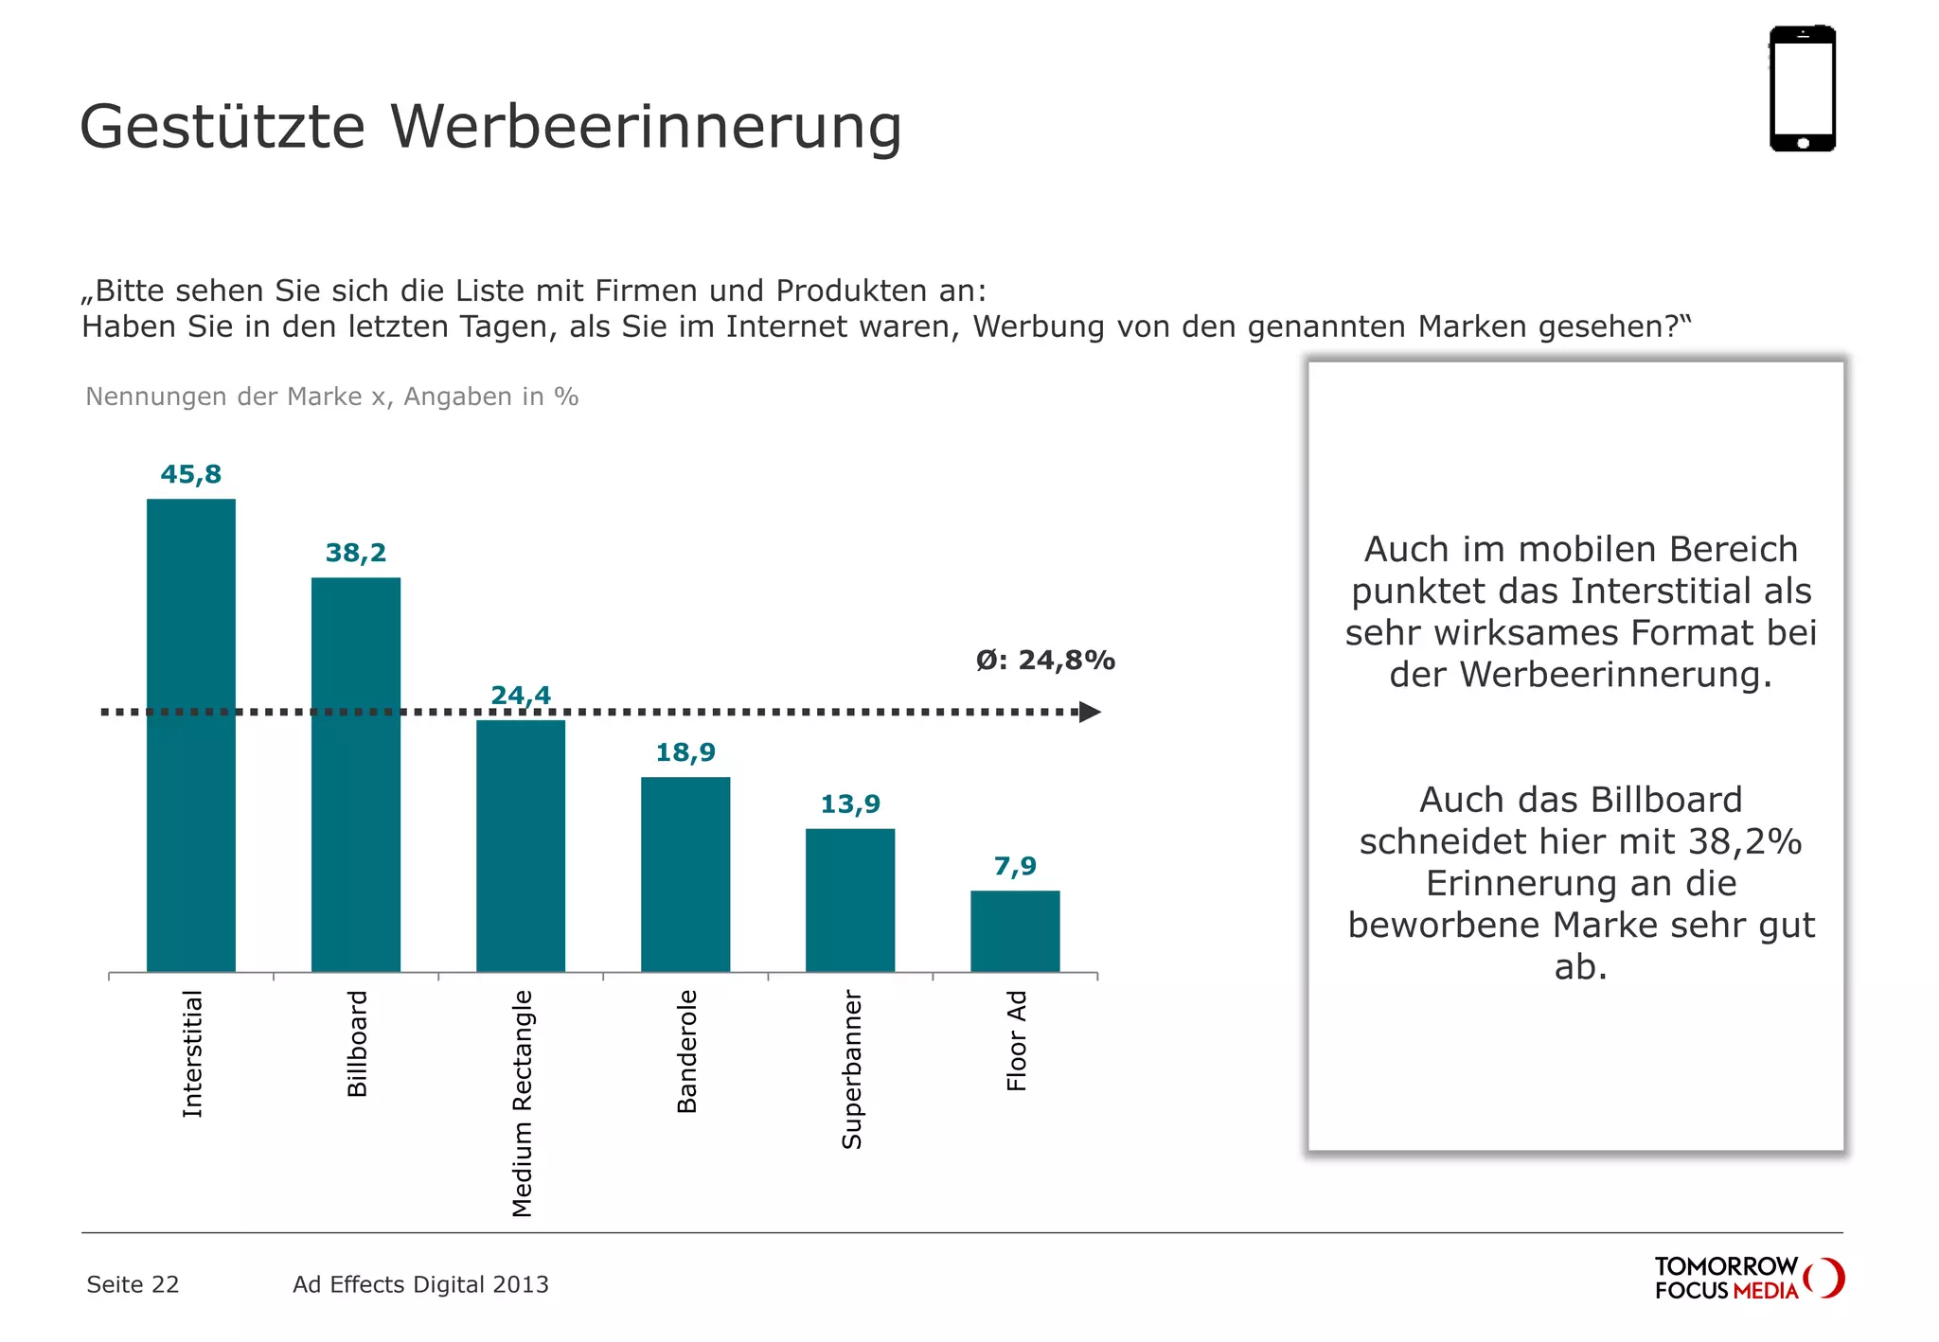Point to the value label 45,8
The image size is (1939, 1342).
pyautogui.click(x=190, y=474)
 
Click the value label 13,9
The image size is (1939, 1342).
pyautogui.click(x=849, y=804)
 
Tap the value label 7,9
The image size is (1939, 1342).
pyautogui.click(x=1015, y=866)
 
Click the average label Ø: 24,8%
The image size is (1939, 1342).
pyautogui.click(x=1045, y=661)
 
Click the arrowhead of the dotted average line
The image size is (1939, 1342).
pyautogui.click(x=1090, y=712)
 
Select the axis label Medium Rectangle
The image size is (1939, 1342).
pyautogui.click(x=522, y=1103)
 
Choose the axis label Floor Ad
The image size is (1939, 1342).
pyautogui.click(x=1016, y=1040)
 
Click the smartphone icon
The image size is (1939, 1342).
pyautogui.click(x=1802, y=88)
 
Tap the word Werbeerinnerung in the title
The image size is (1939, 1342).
pyautogui.click(x=646, y=127)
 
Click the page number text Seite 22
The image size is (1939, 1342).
pyautogui.click(x=133, y=1284)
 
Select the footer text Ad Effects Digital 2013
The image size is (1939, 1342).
pyautogui.click(x=420, y=1284)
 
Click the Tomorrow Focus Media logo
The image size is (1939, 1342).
pyautogui.click(x=1748, y=1278)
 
